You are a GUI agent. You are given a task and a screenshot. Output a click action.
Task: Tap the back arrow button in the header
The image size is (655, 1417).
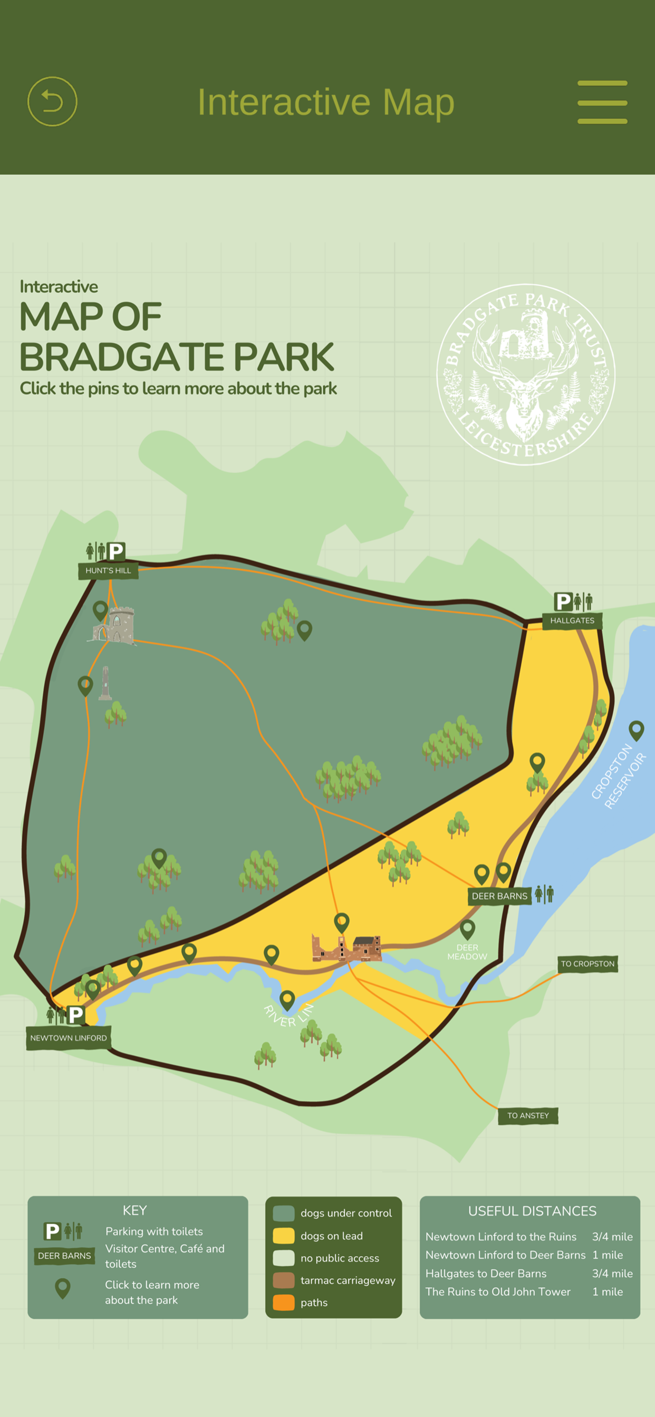tap(52, 102)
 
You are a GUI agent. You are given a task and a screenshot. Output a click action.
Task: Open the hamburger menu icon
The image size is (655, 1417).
tap(602, 102)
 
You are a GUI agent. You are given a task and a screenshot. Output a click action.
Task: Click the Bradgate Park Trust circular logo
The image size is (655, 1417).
tap(526, 375)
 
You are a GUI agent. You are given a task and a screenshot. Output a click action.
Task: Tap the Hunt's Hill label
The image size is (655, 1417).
tap(108, 571)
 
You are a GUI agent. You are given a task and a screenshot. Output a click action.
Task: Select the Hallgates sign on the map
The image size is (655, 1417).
tap(572, 620)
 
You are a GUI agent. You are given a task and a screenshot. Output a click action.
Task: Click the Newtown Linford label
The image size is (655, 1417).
tap(68, 1038)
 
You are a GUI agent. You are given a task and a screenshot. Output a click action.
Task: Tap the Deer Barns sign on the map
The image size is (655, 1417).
tap(499, 896)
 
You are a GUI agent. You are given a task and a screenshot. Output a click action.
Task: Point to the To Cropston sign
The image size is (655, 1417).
tap(587, 964)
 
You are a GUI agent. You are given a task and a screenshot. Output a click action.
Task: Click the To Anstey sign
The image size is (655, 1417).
tap(528, 1115)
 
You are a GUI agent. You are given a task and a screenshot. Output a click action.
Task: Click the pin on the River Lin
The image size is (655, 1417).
tap(287, 999)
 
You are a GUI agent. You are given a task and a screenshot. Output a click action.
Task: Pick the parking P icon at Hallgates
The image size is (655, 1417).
tap(563, 601)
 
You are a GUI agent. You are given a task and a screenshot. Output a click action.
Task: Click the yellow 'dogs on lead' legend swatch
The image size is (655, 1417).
tap(284, 1236)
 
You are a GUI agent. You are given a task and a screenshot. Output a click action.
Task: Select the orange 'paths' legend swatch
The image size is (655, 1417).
tap(284, 1303)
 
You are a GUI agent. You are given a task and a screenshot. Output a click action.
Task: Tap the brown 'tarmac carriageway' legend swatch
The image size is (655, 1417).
tap(284, 1280)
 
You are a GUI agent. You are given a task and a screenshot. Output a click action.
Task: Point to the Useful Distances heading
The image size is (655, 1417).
tap(532, 1211)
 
